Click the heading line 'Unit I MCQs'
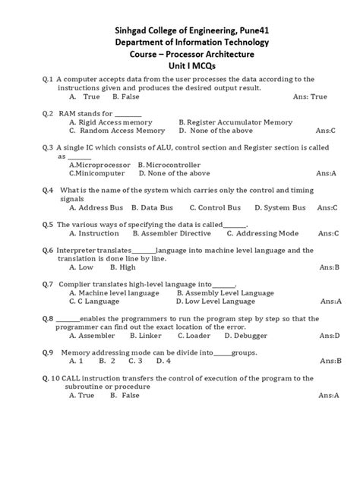click(181, 67)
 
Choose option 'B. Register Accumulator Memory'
click(235, 122)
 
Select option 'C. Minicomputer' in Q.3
click(96, 173)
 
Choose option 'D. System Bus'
click(280, 207)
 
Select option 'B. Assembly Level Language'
click(223, 292)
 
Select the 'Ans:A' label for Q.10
click(328, 396)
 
